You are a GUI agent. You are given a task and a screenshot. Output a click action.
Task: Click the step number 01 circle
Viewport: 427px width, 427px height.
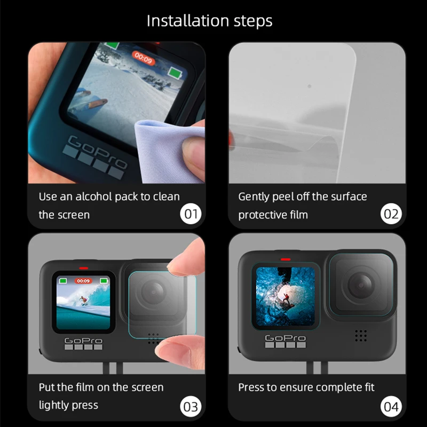[x=191, y=215]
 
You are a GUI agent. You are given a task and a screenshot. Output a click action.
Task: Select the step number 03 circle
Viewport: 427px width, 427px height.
[x=191, y=406]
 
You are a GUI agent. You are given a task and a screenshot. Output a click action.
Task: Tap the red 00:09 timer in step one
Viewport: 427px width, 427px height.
[x=143, y=57]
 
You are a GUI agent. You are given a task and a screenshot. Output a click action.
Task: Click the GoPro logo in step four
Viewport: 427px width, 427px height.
[x=285, y=337]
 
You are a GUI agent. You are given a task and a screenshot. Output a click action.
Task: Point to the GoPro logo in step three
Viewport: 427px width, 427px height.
[x=83, y=340]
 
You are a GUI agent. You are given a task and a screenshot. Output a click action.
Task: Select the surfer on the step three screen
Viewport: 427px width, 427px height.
[x=82, y=301]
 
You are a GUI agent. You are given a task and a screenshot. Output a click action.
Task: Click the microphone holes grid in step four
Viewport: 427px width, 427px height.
[x=361, y=335]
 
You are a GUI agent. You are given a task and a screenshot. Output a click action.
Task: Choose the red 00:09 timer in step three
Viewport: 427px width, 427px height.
[x=83, y=280]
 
